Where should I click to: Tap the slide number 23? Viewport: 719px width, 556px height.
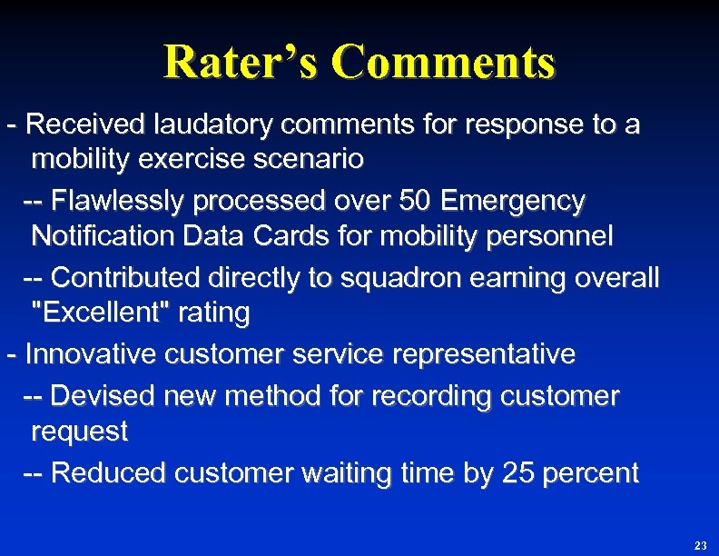700,545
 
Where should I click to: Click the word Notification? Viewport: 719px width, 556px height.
103,237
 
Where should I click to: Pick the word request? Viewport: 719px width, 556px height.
79,432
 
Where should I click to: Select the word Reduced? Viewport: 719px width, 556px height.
109,472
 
